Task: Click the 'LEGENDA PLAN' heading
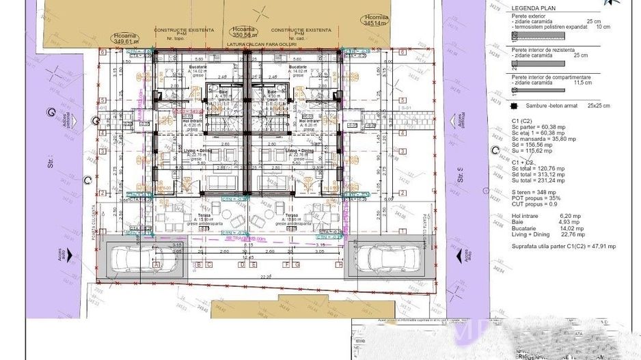pyautogui.click(x=530, y=9)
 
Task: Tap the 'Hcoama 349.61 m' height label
pyautogui.click(x=126, y=38)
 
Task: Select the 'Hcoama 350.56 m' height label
pyautogui.click(x=244, y=32)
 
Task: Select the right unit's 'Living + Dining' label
pyautogui.click(x=299, y=150)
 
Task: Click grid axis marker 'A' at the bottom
pyautogui.click(x=157, y=264)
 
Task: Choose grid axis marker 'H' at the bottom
pyautogui.click(x=336, y=264)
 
